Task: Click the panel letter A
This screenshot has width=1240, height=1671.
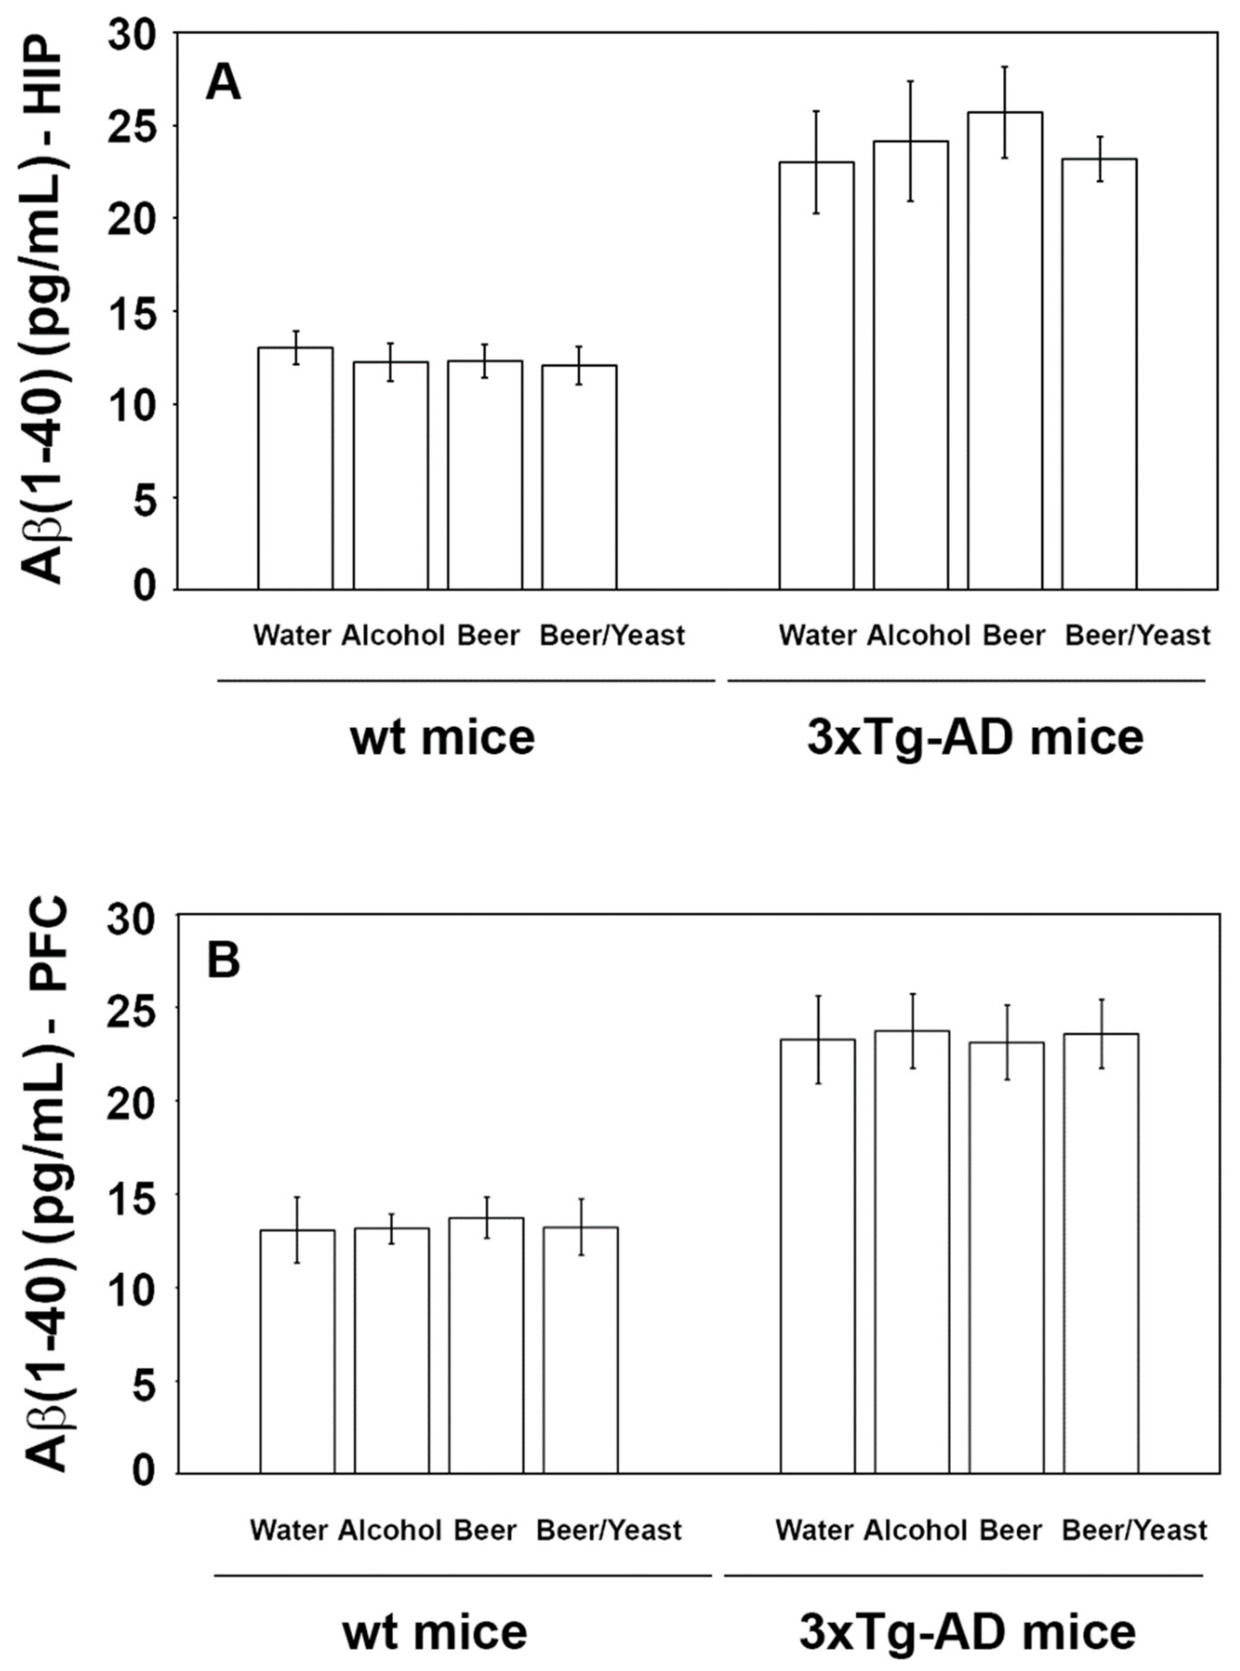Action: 223,83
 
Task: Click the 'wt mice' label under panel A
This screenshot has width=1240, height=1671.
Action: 443,737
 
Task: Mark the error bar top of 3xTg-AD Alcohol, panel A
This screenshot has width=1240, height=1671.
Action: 910,81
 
